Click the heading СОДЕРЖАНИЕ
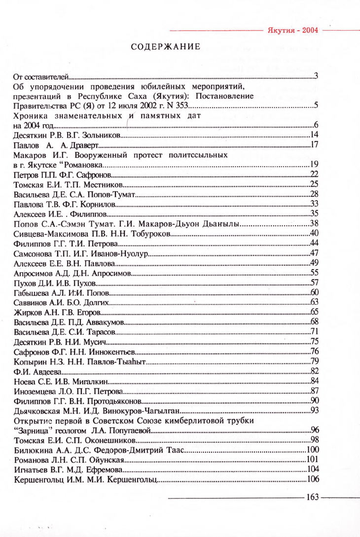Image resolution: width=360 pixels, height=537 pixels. click(x=165, y=47)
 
